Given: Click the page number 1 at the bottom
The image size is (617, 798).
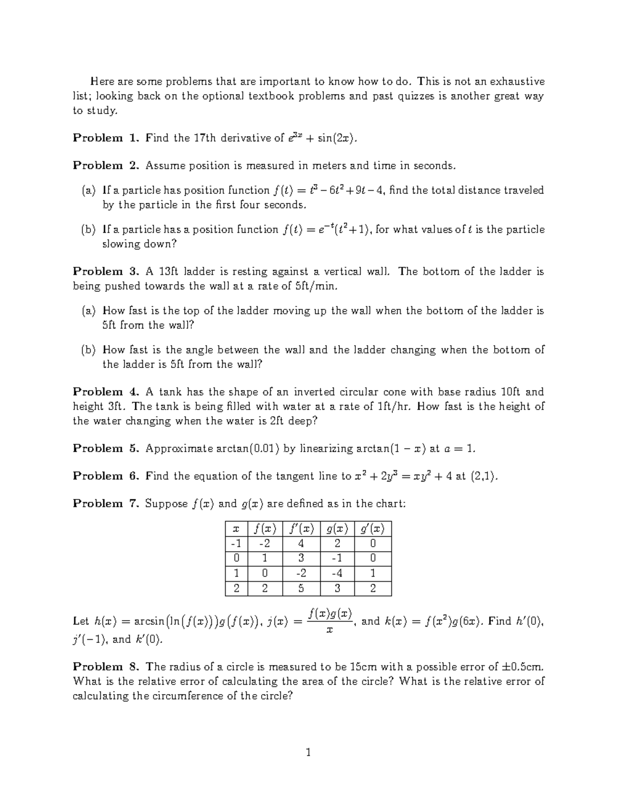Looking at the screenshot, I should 308,753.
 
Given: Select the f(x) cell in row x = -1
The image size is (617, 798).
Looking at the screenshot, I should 265,544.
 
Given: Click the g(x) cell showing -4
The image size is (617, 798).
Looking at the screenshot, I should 337,573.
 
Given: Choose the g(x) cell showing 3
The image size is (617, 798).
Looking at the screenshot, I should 337,589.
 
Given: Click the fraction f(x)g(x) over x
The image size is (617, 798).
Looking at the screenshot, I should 330,621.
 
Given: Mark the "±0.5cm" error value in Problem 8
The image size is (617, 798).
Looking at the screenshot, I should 521,667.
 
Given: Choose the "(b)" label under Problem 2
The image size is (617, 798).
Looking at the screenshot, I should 88,230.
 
